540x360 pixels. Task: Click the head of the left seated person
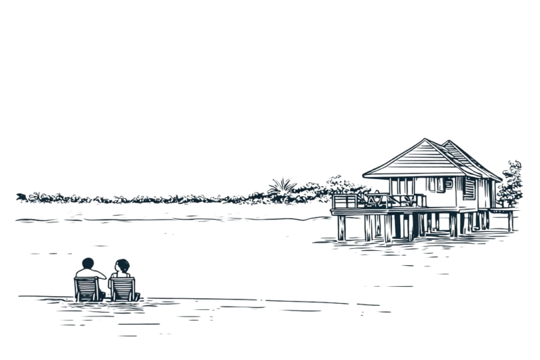pos(87,264)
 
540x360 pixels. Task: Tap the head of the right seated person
pos(122,266)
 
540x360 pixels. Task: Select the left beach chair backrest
pos(86,287)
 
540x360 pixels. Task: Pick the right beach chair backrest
pos(122,288)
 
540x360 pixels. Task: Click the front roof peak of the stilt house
pos(425,139)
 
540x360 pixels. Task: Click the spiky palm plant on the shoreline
pos(283,187)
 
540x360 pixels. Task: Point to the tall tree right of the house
pos(510,184)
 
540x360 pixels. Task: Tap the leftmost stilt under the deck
pos(340,226)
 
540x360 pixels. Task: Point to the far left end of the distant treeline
pos(21,196)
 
